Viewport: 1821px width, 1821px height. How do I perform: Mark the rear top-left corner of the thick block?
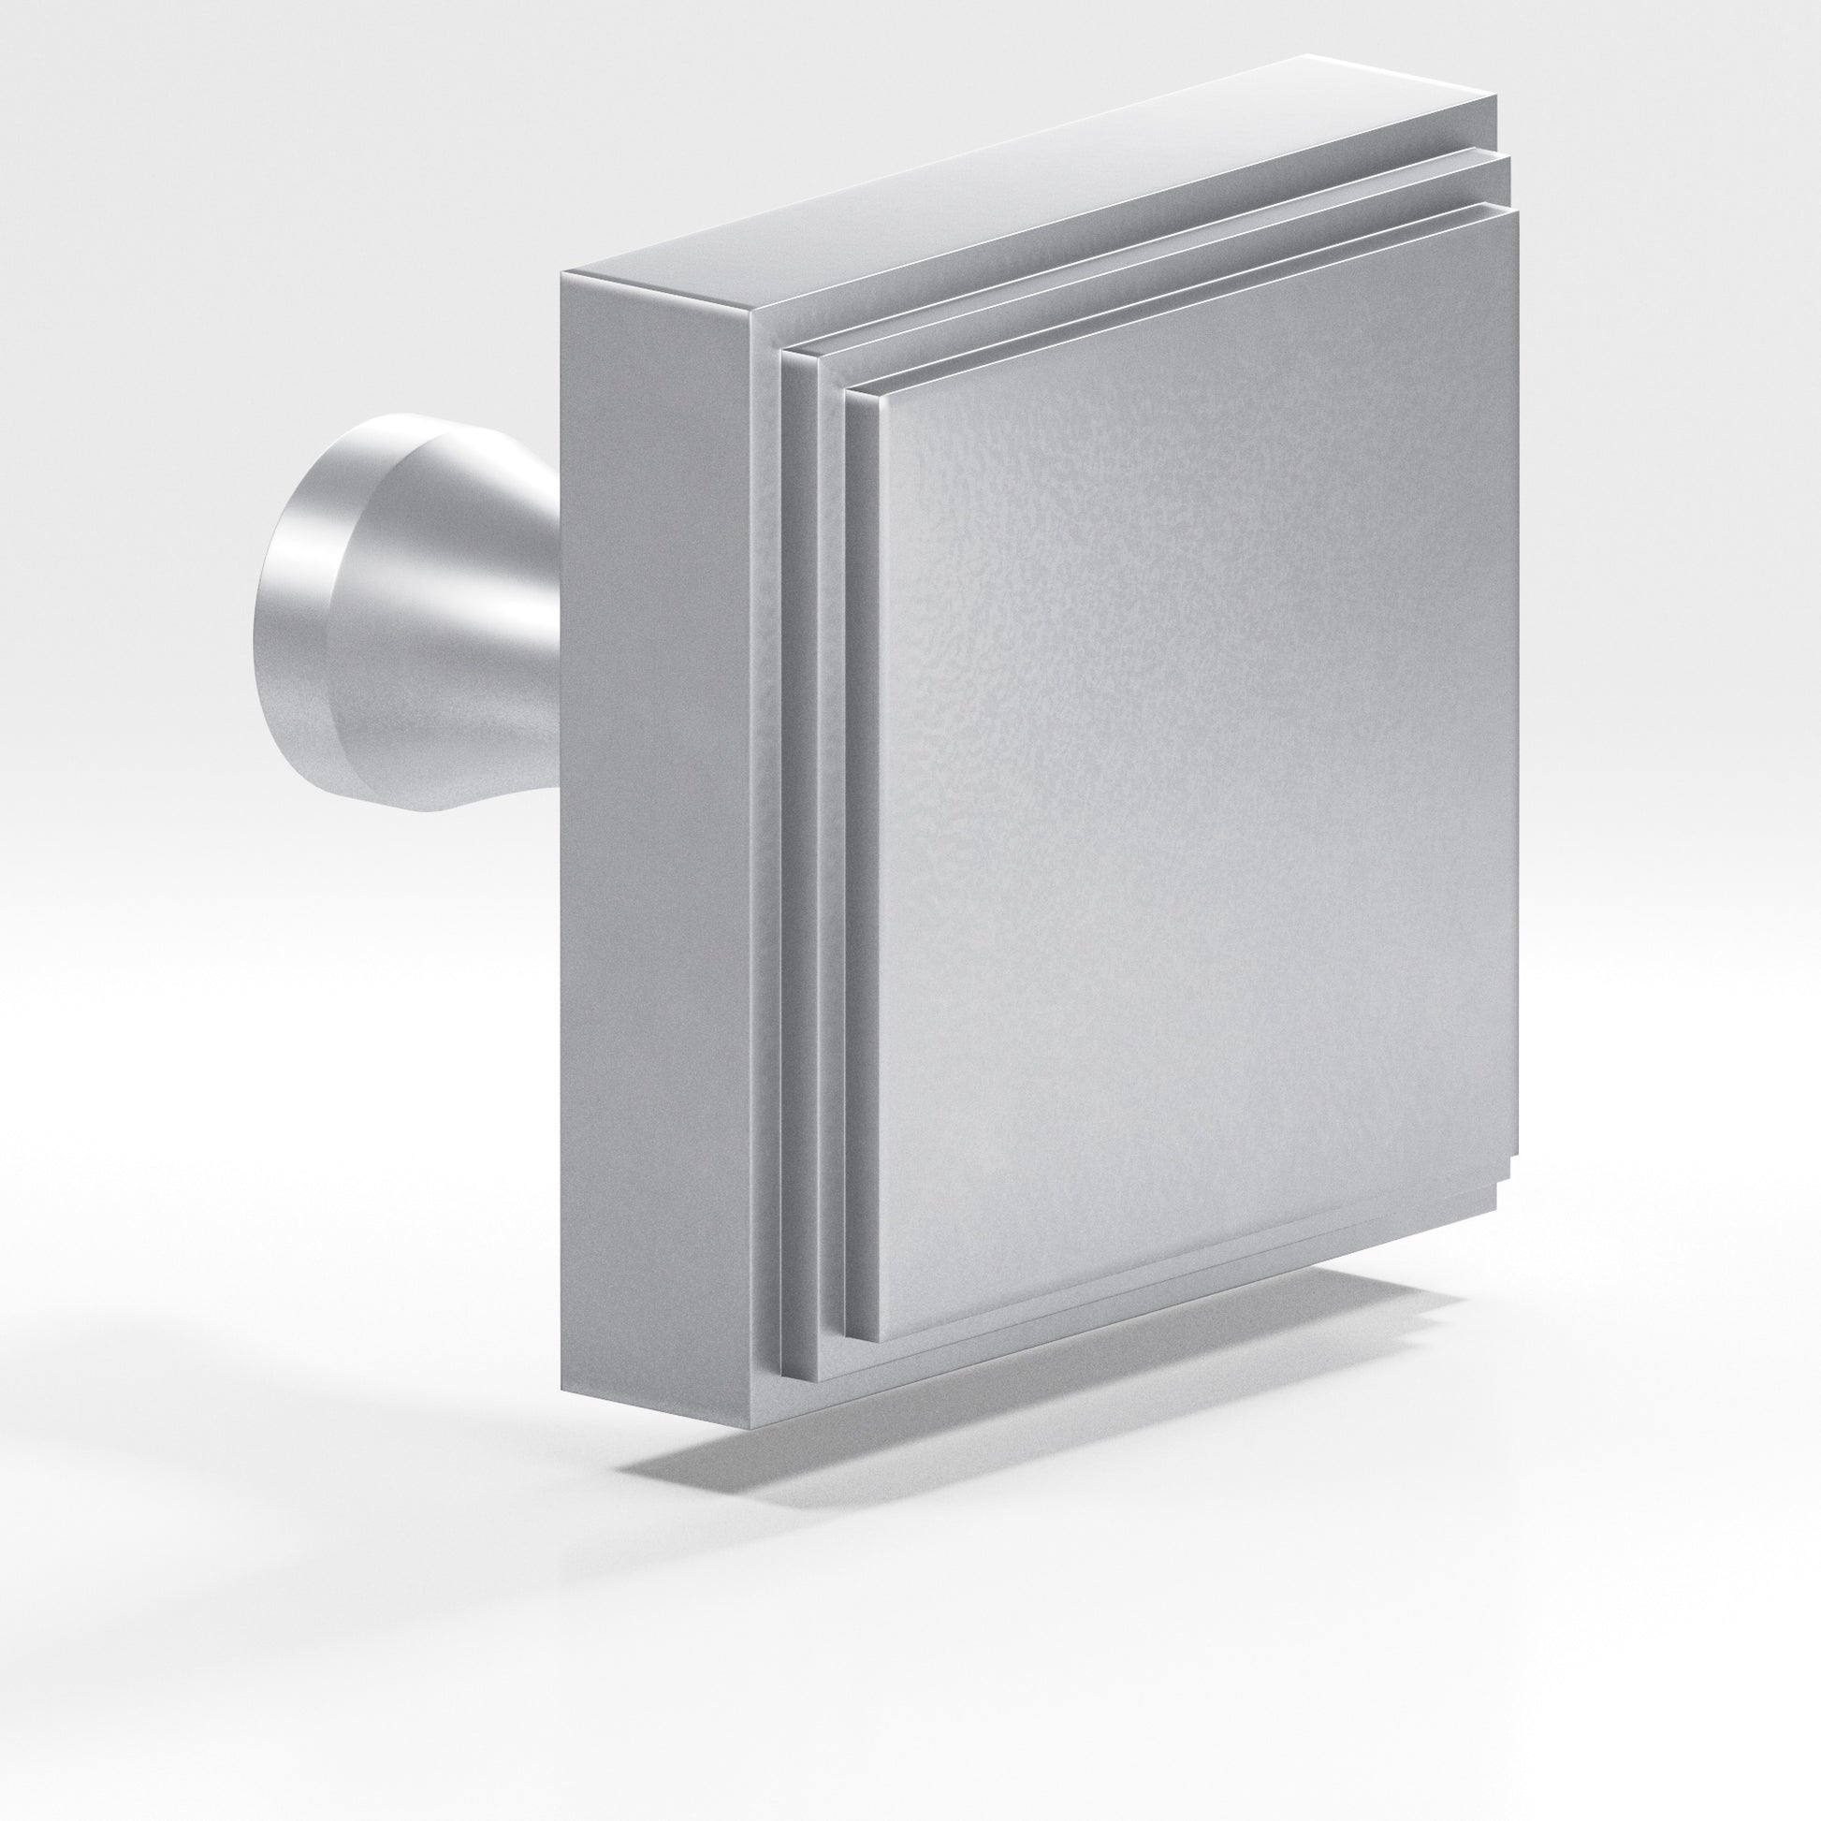pyautogui.click(x=562, y=274)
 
